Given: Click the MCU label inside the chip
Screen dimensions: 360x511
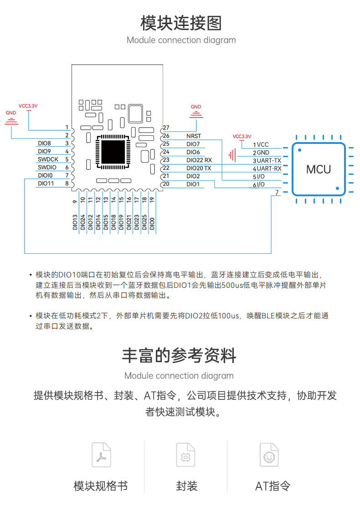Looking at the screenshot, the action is pos(318,169).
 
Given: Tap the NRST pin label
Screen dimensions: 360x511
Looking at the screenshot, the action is pos(194,136).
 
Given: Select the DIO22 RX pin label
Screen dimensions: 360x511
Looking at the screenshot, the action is pos(199,160).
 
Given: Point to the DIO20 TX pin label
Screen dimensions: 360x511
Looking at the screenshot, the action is pos(199,168).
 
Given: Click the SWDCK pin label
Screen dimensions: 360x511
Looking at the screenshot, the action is pos(48,159).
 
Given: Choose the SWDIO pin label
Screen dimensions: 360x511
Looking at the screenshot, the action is pos(47,167).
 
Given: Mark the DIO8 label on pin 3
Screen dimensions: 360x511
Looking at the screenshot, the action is pos(44,143).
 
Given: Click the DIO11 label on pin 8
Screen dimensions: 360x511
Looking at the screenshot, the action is pos(46,184).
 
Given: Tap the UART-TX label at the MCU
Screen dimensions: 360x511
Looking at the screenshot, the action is pos(269,161).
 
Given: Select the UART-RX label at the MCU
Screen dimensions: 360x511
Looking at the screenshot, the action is pos(269,169).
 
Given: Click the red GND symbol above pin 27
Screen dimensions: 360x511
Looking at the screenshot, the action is pos(196,114).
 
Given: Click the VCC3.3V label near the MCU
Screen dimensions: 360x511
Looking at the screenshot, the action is pos(242,136).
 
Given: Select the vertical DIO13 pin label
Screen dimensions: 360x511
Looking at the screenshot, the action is pos(75,222).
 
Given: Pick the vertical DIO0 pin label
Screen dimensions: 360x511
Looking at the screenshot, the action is pos(152,224).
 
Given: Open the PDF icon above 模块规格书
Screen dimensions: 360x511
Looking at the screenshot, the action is pos(102,455).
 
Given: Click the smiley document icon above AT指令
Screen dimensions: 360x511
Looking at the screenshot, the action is pos(269,455).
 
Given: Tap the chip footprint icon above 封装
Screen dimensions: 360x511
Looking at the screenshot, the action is pos(185,455).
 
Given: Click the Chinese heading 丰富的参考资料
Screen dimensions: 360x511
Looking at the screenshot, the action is pos(179,355).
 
